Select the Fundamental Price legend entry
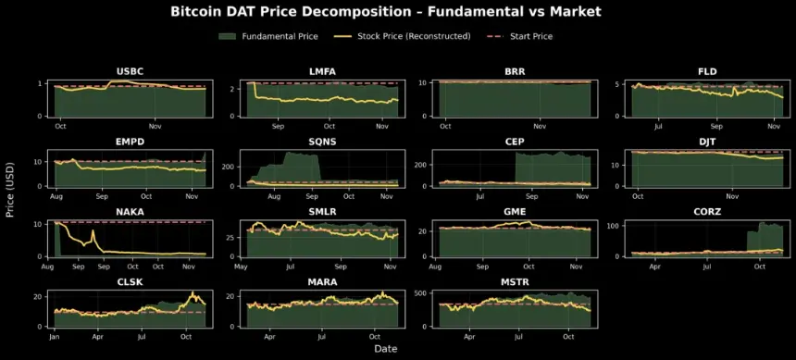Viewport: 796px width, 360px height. pyautogui.click(x=280, y=36)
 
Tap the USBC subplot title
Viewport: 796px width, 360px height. pyautogui.click(x=130, y=72)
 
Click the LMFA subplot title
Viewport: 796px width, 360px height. pyautogui.click(x=322, y=72)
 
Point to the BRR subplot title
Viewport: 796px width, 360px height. pyautogui.click(x=515, y=72)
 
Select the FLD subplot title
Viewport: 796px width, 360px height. pyautogui.click(x=707, y=72)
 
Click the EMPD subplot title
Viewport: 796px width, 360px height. pyautogui.click(x=130, y=143)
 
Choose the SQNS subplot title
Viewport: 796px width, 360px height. pyautogui.click(x=322, y=143)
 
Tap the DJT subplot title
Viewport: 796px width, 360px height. pyautogui.click(x=707, y=143)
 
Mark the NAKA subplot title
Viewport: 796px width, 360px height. pyautogui.click(x=130, y=212)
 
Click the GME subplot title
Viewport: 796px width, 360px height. pyautogui.click(x=515, y=212)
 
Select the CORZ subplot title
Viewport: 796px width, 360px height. pyautogui.click(x=707, y=212)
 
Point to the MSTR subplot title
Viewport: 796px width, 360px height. pyautogui.click(x=515, y=282)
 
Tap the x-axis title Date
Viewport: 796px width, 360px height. pyautogui.click(x=386, y=349)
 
